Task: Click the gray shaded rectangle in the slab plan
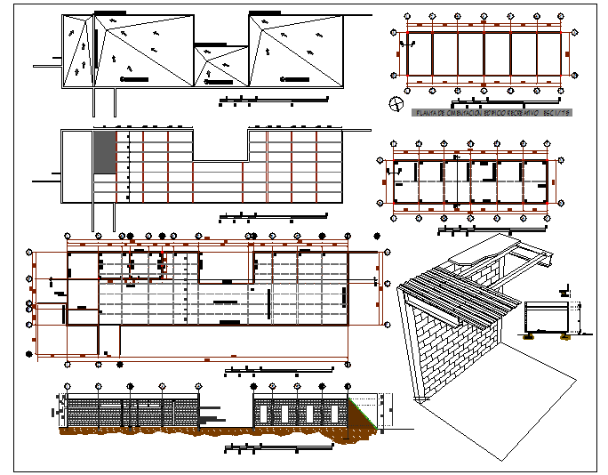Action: [105, 151]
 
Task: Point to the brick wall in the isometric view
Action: [444, 347]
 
